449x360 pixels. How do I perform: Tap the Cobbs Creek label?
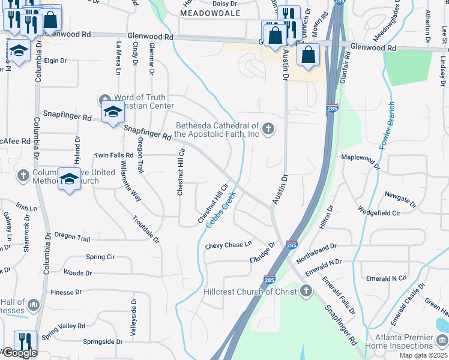[220, 208]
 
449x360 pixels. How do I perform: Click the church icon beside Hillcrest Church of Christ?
[306, 292]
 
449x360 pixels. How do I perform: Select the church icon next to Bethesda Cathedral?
[268, 128]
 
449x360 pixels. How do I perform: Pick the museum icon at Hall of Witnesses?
[34, 305]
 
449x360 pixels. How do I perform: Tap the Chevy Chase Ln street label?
[228, 245]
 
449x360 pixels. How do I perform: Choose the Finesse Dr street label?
[66, 292]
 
